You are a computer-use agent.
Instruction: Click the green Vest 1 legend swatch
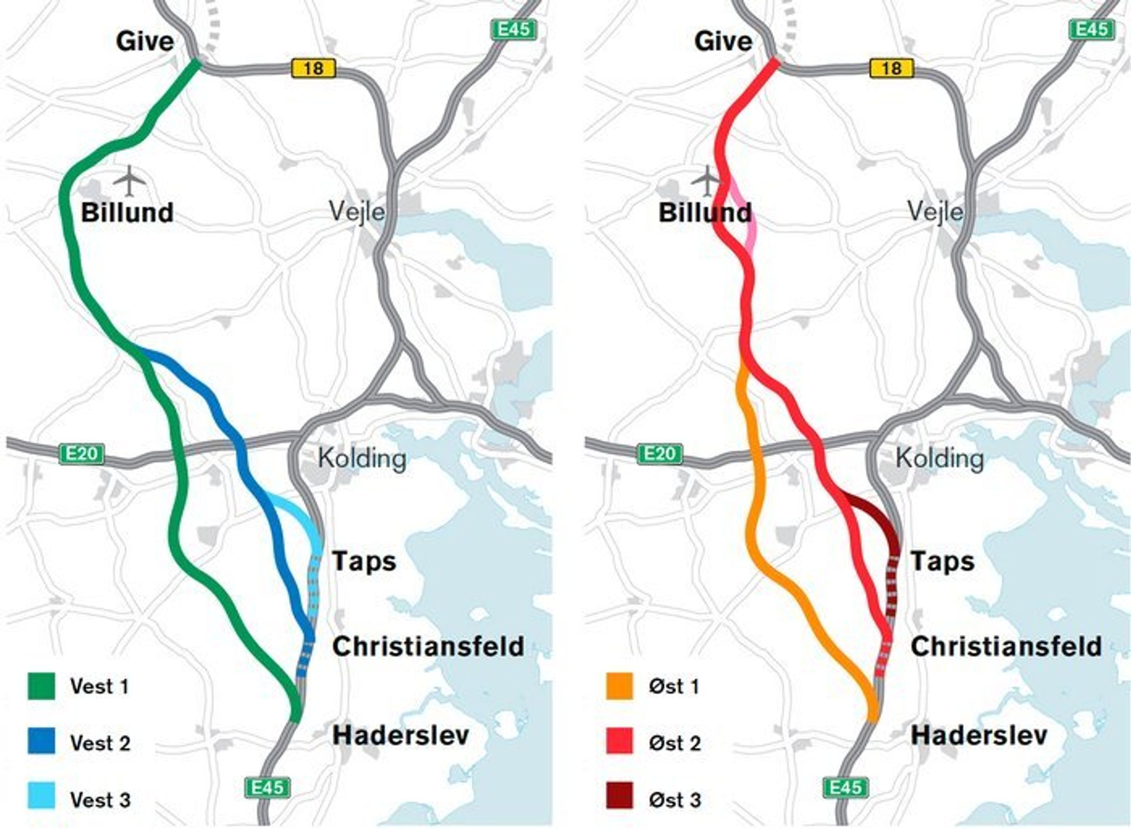coord(41,686)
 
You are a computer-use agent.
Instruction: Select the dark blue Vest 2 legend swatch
coord(41,742)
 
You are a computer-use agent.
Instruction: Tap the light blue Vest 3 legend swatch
coord(41,798)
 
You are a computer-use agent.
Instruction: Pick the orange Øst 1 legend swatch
coord(619,686)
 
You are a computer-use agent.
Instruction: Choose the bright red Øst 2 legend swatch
coord(619,742)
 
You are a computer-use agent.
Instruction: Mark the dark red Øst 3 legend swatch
coord(619,798)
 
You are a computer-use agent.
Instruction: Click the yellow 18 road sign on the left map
coord(314,68)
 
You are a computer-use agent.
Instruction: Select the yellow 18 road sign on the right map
coord(891,68)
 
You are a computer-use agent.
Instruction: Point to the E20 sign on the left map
coord(82,454)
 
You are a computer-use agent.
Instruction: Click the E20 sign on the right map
coord(660,454)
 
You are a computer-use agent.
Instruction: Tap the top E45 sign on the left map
coord(514,30)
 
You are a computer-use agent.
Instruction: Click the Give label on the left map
coord(145,41)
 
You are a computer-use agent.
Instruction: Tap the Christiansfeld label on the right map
coord(1006,647)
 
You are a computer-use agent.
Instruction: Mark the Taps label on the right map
coord(942,561)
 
